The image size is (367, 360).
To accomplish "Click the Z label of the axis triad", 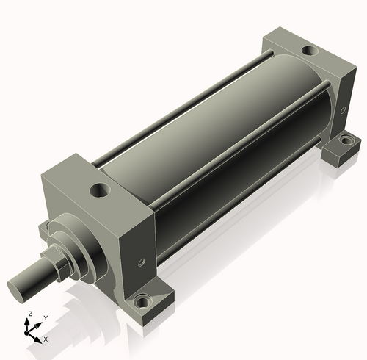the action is [x=31, y=314].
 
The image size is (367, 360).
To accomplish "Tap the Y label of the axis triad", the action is [x=46, y=318].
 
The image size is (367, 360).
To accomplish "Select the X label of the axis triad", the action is [x=46, y=339].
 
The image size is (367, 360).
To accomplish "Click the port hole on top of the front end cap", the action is [x=100, y=190].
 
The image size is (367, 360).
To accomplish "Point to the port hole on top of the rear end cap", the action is [x=310, y=51].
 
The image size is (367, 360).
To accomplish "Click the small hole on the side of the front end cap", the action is [x=142, y=262].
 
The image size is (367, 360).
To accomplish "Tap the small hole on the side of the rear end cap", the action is [x=343, y=109].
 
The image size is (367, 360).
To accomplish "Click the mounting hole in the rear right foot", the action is [x=346, y=141].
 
